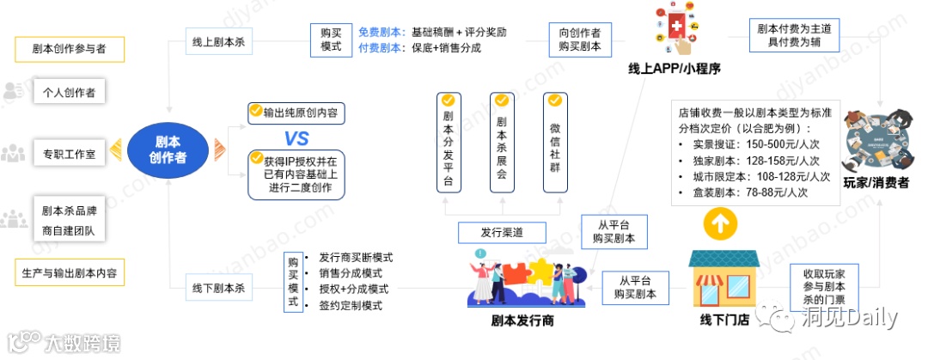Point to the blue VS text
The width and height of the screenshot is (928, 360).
click(296, 139)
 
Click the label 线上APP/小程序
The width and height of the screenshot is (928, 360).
click(674, 70)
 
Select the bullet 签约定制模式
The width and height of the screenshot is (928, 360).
click(350, 305)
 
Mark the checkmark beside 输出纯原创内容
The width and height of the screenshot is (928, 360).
click(255, 111)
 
